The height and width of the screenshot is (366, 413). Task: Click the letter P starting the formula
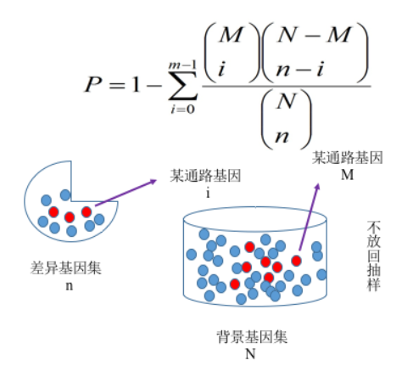93,84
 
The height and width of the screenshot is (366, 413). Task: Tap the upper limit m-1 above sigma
182,65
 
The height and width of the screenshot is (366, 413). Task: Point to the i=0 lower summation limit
183,109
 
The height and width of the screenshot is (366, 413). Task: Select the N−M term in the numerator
315,35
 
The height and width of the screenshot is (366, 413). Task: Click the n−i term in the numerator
300,70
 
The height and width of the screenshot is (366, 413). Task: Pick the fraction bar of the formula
287,86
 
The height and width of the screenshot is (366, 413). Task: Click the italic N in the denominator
286,101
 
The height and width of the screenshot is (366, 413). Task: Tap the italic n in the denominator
282,137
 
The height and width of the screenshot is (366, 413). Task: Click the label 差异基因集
65,267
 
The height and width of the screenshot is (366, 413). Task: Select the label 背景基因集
252,337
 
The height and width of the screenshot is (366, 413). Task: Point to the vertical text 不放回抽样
373,256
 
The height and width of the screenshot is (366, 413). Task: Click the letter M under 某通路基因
348,175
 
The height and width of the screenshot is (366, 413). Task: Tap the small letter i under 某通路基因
208,194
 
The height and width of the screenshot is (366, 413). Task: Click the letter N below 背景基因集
250,353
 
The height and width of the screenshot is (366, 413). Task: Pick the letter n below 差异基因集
70,286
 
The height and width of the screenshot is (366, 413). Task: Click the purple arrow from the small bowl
126,193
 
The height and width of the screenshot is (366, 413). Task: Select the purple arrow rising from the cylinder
310,217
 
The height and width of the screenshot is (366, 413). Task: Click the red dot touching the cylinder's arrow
296,261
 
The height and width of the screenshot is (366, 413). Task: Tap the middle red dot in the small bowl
70,217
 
